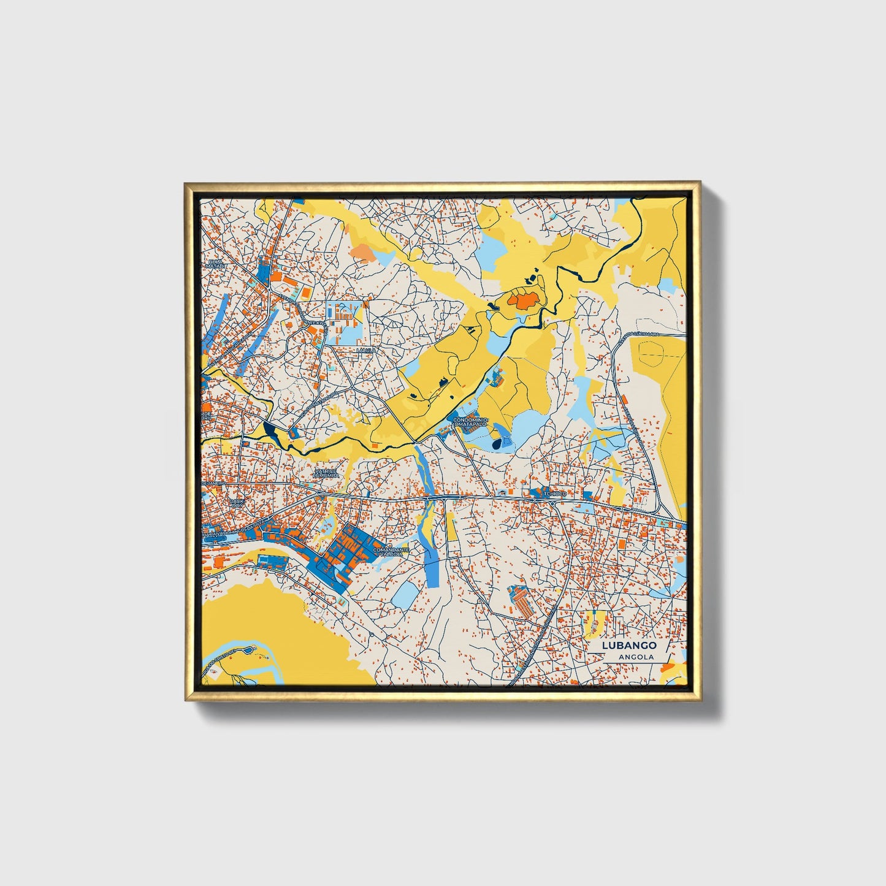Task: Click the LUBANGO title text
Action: point(629,645)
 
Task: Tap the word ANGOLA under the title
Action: point(636,657)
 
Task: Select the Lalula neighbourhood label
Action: point(365,350)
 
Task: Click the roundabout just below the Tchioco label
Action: point(553,504)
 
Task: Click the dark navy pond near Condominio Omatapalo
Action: point(497,443)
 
